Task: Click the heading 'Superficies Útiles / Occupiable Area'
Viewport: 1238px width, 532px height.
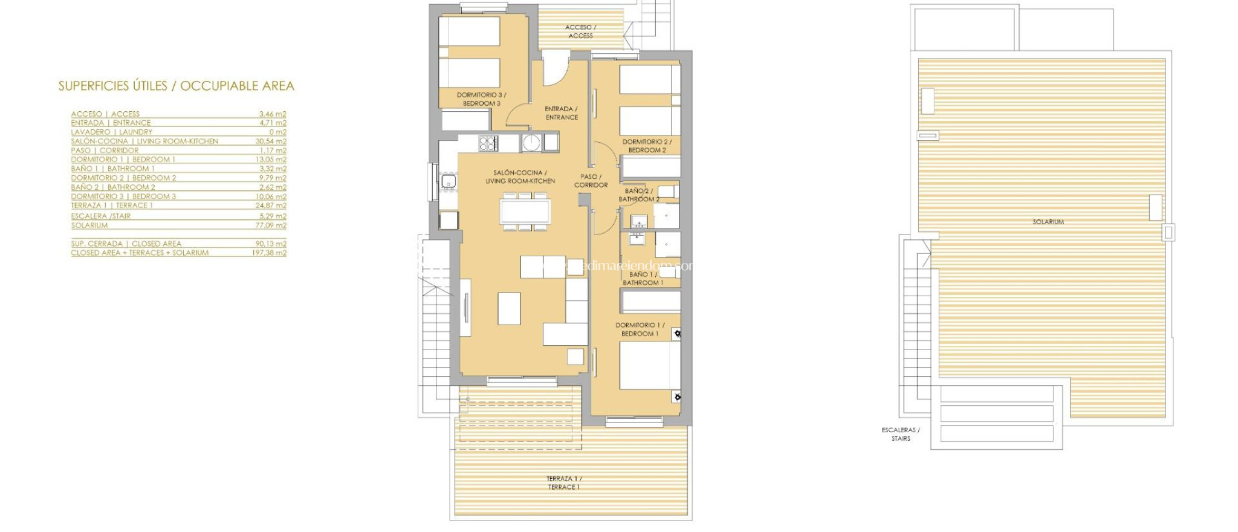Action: (x=176, y=86)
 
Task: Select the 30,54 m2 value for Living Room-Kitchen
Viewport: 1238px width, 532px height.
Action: (x=270, y=141)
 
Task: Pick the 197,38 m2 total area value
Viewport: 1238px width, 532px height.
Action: (x=269, y=253)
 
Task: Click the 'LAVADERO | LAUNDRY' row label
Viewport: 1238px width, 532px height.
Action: (x=111, y=132)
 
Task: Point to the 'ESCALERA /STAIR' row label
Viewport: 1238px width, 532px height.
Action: (x=100, y=216)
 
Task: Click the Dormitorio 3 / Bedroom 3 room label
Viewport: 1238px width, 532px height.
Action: (x=481, y=99)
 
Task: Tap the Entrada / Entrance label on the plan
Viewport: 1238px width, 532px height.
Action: (x=562, y=113)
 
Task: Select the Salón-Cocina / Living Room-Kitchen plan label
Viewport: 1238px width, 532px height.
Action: (x=520, y=177)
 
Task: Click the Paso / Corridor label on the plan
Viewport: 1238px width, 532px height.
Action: (x=591, y=181)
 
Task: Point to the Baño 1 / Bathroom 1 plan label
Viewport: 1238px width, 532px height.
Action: (x=643, y=279)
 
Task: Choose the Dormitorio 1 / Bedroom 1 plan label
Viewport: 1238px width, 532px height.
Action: (x=640, y=329)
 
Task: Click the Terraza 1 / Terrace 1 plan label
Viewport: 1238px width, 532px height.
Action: (x=563, y=482)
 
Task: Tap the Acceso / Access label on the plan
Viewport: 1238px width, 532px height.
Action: (x=580, y=31)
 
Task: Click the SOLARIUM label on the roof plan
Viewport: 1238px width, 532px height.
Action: (x=1048, y=222)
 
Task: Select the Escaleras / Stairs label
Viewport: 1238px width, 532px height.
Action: (x=900, y=434)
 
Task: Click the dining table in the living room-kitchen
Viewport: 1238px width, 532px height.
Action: (x=525, y=212)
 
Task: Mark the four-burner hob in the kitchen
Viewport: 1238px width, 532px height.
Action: (x=488, y=143)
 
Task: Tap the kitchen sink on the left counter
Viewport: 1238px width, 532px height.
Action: (x=448, y=181)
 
